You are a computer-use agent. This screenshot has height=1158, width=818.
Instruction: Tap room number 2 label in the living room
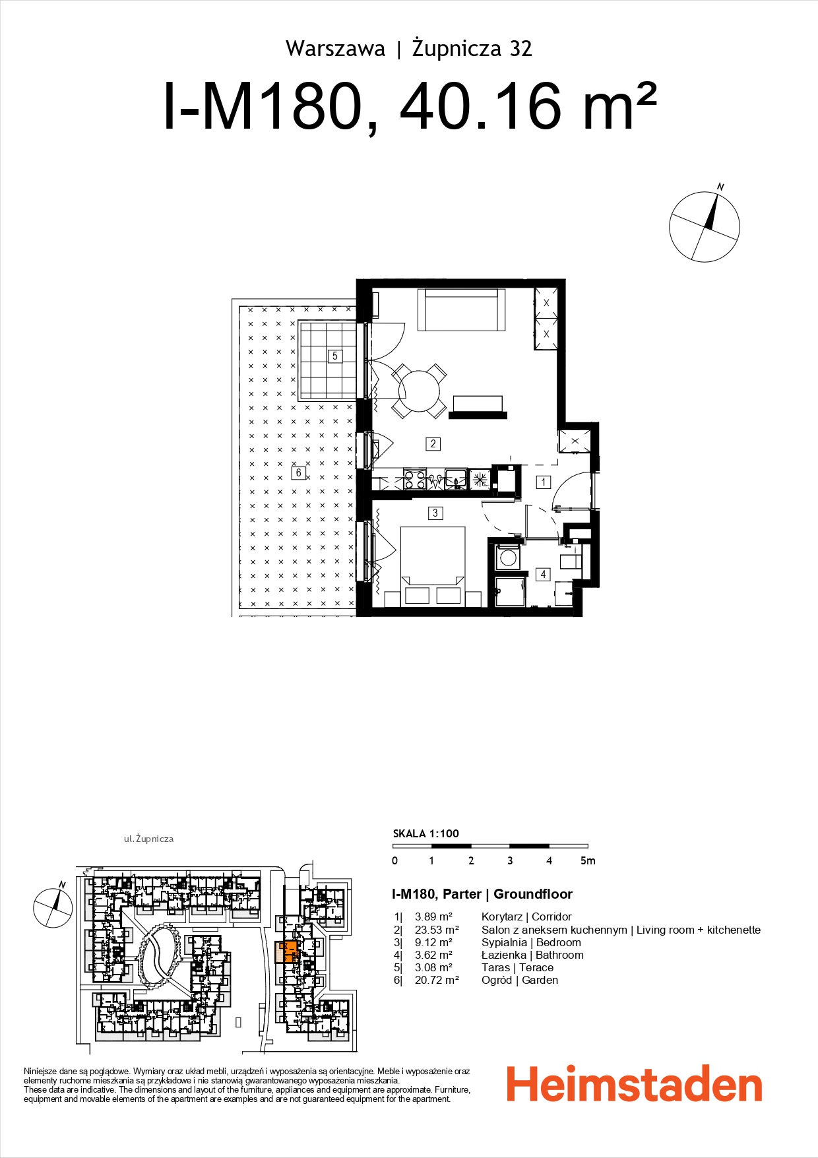point(433,443)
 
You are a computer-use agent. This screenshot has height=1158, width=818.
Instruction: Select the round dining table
point(419,391)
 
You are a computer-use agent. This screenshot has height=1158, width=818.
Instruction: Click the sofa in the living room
point(461,309)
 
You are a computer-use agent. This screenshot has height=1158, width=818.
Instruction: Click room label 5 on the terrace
point(334,356)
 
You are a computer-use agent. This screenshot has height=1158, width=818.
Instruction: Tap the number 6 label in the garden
point(298,472)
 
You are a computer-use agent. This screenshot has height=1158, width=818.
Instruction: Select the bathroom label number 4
point(543,574)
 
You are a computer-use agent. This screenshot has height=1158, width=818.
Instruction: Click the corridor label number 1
point(544,482)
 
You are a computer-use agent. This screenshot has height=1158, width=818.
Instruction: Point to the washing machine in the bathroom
point(507,558)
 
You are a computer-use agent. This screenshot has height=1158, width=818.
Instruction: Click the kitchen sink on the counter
point(455,478)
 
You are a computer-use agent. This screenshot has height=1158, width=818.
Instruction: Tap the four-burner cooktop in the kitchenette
point(414,478)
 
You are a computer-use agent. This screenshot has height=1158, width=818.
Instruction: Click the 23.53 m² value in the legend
point(436,930)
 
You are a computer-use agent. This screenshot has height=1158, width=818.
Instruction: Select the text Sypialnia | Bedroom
point(530,942)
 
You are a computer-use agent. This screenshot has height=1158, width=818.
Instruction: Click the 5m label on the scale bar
point(587,860)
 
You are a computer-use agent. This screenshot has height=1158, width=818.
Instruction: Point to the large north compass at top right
point(704,227)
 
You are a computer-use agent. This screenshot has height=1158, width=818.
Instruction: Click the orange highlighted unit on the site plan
point(289,952)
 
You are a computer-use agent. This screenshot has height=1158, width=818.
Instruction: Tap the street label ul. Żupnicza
point(148,839)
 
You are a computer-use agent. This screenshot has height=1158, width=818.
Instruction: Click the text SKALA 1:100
point(425,833)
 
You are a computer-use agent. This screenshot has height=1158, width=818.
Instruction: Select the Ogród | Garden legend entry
point(519,980)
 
